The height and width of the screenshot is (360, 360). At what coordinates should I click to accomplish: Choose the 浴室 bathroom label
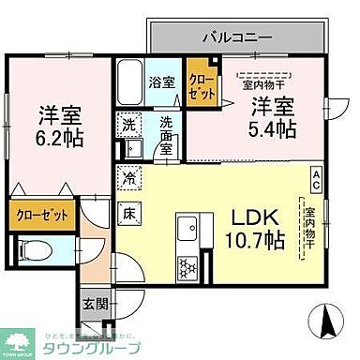pyautogui.click(x=161, y=82)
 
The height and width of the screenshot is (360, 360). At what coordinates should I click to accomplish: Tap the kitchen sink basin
pyautogui.click(x=185, y=228)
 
